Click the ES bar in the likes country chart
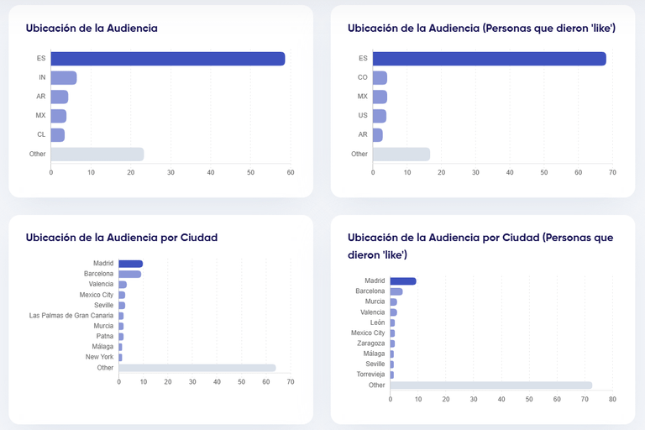pyautogui.click(x=489, y=59)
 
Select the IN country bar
pyautogui.click(x=64, y=77)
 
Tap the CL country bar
pyautogui.click(x=58, y=134)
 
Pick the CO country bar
pyautogui.click(x=380, y=77)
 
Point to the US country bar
pyautogui.click(x=380, y=116)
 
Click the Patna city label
pyautogui.click(x=104, y=336)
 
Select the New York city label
pyautogui.click(x=99, y=357)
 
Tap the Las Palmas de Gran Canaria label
pyautogui.click(x=71, y=316)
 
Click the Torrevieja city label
pyautogui.click(x=368, y=375)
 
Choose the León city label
pyautogui.click(x=377, y=322)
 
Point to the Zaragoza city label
pyautogui.click(x=370, y=343)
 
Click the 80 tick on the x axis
pyautogui.click(x=612, y=399)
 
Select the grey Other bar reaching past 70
pyautogui.click(x=490, y=385)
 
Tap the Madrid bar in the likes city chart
pyautogui.click(x=403, y=281)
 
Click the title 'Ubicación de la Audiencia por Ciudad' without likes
pyautogui.click(x=122, y=238)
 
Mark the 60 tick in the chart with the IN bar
pyautogui.click(x=291, y=173)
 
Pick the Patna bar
pyautogui.click(x=121, y=336)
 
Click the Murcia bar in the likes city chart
pyautogui.click(x=393, y=302)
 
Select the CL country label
pyautogui.click(x=41, y=134)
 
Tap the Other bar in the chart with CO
pyautogui.click(x=401, y=154)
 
